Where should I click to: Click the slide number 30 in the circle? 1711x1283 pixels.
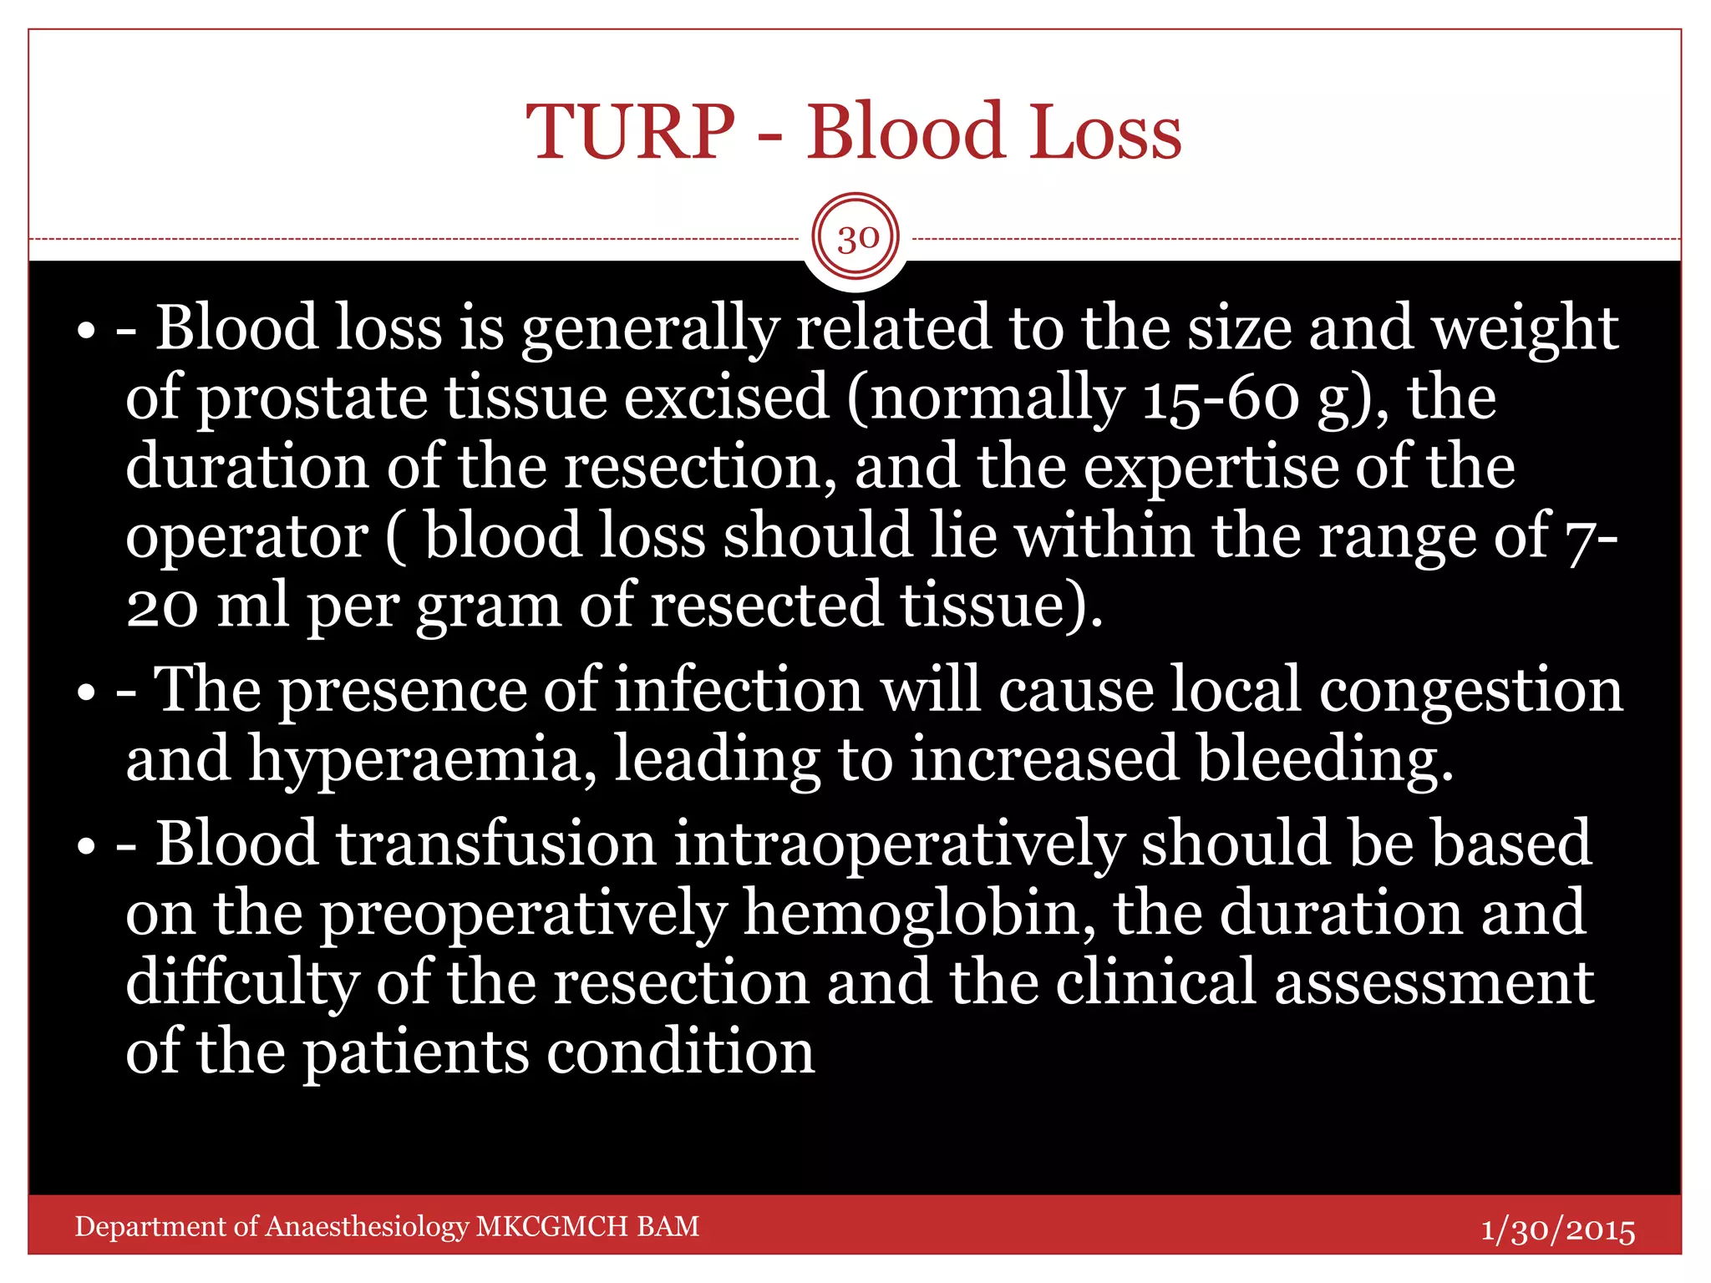(x=857, y=239)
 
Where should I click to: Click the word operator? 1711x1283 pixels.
(x=246, y=537)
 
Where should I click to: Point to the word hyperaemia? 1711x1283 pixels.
(x=422, y=760)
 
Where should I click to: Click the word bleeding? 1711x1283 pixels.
(x=1324, y=760)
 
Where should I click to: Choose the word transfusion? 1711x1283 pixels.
(x=496, y=844)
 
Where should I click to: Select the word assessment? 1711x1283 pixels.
(x=1434, y=982)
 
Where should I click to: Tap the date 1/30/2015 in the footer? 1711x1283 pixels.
(x=1557, y=1230)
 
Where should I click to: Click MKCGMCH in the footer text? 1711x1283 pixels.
(x=551, y=1226)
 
